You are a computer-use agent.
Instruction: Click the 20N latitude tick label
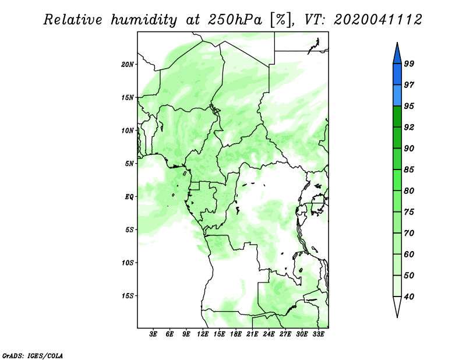(x=128, y=65)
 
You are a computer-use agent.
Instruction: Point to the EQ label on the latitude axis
(x=129, y=197)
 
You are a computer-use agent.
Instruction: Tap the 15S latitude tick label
(x=128, y=296)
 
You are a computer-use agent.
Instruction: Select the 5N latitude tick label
(x=129, y=164)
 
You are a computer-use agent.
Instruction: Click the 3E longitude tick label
(x=153, y=334)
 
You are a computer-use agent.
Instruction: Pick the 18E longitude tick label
(x=236, y=334)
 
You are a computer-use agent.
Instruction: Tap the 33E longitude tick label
(x=318, y=334)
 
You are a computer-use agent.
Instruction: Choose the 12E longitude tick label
(x=203, y=334)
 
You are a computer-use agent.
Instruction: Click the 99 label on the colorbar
(x=409, y=63)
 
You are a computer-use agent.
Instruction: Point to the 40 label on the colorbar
(x=409, y=297)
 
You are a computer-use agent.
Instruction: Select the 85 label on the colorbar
(x=409, y=170)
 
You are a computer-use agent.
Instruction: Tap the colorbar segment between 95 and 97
(x=397, y=96)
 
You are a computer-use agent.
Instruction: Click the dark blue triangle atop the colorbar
(x=397, y=55)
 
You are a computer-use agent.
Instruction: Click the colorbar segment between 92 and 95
(x=397, y=117)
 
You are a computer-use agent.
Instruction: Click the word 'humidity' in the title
(x=144, y=20)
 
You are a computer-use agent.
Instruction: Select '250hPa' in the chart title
(x=235, y=20)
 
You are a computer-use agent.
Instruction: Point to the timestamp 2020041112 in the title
(x=377, y=20)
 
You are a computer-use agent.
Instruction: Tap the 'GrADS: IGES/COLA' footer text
(x=33, y=356)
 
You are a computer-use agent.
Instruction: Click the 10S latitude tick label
(x=128, y=263)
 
